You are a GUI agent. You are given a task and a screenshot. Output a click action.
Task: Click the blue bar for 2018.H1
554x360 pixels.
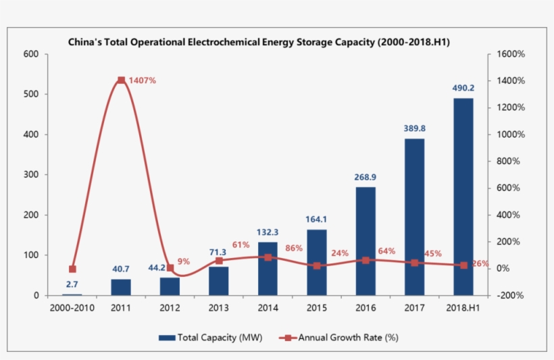point(463,197)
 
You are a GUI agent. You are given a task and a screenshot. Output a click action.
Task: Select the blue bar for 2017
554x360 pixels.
point(414,217)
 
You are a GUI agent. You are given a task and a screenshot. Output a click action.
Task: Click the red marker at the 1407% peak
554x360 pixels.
point(121,80)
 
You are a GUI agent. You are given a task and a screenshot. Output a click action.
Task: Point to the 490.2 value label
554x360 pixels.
point(463,88)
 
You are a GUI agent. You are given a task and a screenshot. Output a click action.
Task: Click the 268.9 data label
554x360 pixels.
point(365,177)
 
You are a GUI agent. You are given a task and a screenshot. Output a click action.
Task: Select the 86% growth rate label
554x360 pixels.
point(294,248)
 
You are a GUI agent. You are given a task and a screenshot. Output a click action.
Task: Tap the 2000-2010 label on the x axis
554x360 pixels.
point(72,308)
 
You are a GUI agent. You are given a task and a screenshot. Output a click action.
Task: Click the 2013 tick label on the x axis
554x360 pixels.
point(219,308)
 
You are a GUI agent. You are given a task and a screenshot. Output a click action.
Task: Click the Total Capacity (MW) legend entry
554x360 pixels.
point(211,337)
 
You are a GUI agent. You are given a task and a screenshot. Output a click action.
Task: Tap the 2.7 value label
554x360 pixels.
point(72,284)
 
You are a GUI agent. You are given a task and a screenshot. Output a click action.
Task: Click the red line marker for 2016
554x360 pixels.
point(366,260)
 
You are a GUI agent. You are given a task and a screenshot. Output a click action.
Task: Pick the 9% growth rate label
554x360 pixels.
point(184,261)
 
